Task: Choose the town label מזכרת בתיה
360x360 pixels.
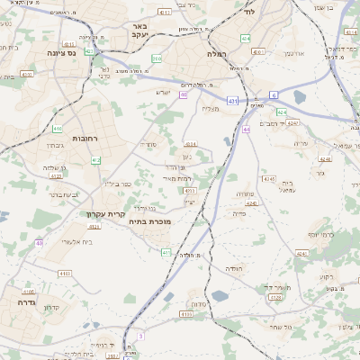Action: [x=149, y=221]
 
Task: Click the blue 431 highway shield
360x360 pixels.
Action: [x=233, y=101]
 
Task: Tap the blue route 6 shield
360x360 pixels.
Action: [x=274, y=94]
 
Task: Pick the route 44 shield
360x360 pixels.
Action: [x=246, y=130]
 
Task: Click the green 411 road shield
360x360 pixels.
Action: [x=166, y=253]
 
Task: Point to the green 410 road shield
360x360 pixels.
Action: [x=58, y=129]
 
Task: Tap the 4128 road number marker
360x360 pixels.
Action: [x=186, y=314]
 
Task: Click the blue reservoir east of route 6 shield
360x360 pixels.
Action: [x=299, y=96]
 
